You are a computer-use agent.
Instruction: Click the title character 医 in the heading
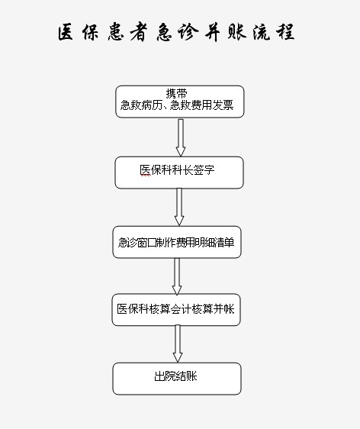click(x=66, y=32)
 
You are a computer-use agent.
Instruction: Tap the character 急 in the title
click(x=165, y=32)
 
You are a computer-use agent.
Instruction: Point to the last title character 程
click(x=285, y=32)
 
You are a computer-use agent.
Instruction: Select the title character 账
click(x=237, y=32)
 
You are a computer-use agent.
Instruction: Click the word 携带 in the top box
click(x=177, y=94)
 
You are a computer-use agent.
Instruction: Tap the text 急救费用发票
click(x=201, y=105)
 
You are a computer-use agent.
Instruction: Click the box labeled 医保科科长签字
click(x=179, y=173)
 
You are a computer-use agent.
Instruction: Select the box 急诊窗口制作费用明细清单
click(x=177, y=242)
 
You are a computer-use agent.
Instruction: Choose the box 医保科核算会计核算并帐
click(x=176, y=310)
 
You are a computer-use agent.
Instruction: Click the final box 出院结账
click(x=177, y=379)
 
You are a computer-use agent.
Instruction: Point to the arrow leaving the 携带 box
click(x=181, y=137)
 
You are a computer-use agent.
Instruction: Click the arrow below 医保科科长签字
click(x=179, y=207)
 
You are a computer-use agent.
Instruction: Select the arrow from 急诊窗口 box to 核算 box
click(x=177, y=276)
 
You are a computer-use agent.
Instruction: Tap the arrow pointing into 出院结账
click(x=178, y=344)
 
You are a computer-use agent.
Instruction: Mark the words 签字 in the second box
click(x=204, y=170)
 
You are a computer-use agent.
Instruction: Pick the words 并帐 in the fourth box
click(x=224, y=309)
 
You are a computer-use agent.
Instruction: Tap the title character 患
click(x=116, y=32)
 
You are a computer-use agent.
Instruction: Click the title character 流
click(x=262, y=32)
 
